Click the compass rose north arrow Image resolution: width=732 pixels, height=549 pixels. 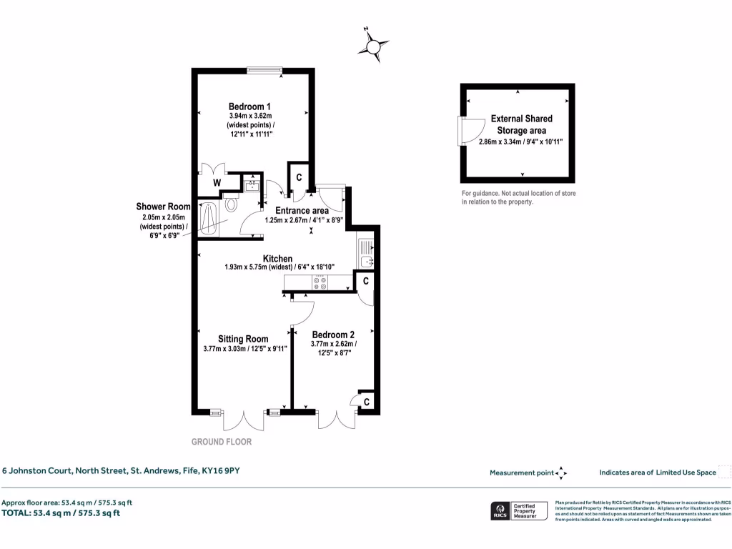372,46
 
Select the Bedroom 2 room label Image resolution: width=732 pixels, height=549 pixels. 332,335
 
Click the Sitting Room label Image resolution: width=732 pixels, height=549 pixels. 243,339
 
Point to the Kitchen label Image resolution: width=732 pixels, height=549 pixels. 277,258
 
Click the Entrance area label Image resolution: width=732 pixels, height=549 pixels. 302,211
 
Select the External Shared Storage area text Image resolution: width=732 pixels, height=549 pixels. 521,124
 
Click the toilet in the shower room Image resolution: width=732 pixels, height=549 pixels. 231,204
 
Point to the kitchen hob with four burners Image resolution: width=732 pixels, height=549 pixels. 320,283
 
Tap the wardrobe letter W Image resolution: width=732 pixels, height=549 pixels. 216,183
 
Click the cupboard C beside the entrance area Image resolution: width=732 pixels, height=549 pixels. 299,177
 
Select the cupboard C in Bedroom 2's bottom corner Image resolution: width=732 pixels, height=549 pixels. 366,402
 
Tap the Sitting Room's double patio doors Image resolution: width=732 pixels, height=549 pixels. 243,420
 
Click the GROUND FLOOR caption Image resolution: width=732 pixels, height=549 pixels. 222,442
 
